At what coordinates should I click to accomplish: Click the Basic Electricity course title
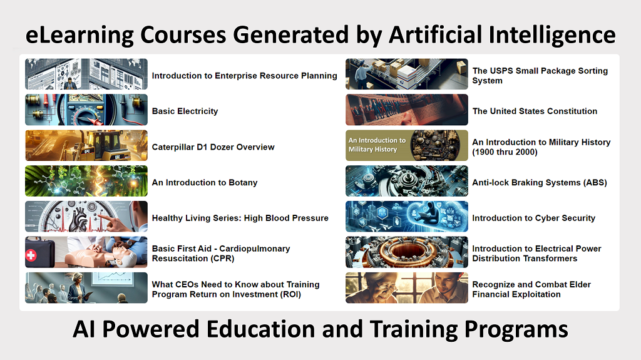[185, 111]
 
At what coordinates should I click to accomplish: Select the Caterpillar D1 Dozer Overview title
[213, 147]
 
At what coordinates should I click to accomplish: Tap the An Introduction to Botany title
[205, 182]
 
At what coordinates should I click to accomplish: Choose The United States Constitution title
[535, 111]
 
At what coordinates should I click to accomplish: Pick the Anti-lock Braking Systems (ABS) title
[539, 182]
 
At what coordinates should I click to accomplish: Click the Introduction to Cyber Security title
[533, 218]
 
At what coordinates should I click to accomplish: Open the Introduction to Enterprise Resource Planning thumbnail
[86, 74]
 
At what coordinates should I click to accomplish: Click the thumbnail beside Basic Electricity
[86, 110]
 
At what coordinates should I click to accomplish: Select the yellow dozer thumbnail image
[86, 145]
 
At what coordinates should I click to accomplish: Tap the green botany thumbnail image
[86, 181]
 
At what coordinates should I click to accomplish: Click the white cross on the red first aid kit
[31, 255]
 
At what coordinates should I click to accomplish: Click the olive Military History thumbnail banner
[407, 145]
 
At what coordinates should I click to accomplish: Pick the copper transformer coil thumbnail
[407, 252]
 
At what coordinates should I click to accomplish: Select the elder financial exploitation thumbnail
[407, 287]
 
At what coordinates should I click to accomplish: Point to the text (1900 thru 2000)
[505, 152]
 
